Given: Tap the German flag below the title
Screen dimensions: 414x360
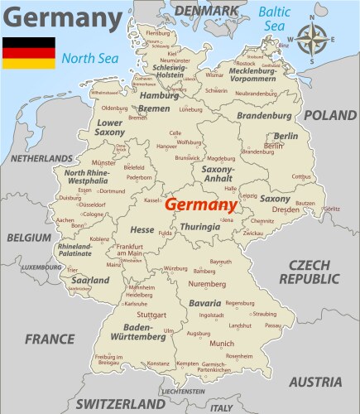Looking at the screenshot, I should pos(28,52).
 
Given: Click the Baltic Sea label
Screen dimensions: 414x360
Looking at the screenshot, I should pos(275,19).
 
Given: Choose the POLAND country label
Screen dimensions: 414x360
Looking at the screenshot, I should pos(329,115).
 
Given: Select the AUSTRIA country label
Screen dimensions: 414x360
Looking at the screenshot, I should pos(315,382).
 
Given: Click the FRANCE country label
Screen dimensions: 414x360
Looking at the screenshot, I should pos(50,339).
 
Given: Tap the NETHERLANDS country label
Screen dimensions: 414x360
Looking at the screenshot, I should pos(41,156).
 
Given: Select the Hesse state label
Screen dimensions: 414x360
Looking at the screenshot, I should pos(142,229).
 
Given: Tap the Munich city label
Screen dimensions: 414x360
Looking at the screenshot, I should pos(221,343).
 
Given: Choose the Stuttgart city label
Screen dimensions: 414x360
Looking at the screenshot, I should pos(151,315).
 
